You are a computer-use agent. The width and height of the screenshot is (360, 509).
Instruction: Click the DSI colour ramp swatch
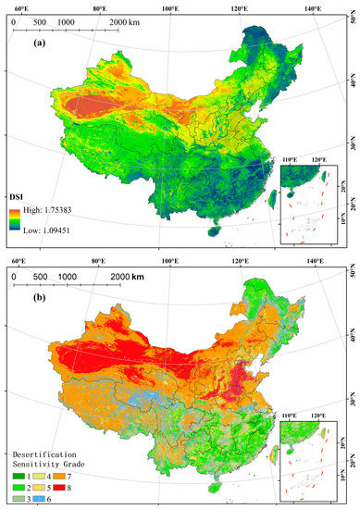point(15,220)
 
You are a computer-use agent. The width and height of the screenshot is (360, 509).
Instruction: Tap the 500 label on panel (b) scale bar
point(40,276)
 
